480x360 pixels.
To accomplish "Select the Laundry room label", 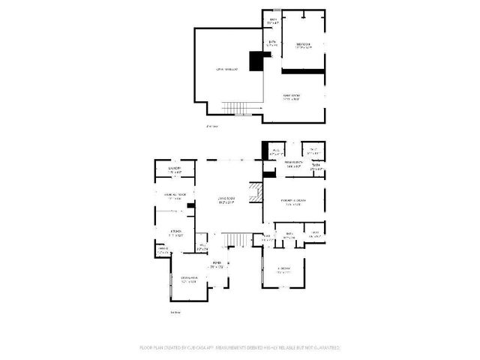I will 176,170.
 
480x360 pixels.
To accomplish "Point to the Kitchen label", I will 176,233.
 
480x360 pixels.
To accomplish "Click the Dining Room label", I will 190,280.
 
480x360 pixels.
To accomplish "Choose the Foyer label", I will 217,264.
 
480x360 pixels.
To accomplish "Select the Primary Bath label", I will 292,165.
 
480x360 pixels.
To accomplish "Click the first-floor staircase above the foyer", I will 237,240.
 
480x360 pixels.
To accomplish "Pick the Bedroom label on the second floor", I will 303,45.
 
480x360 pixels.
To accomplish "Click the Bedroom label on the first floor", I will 284,271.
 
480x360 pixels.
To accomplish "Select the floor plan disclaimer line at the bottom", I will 240,348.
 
